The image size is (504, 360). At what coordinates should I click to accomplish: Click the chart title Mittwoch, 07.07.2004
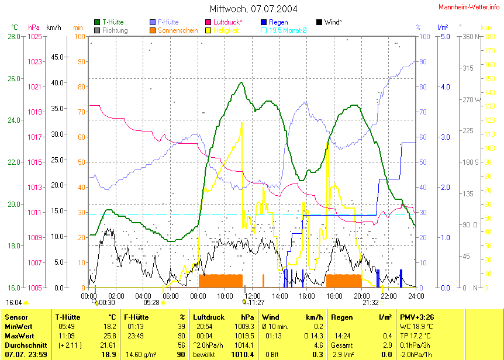click(x=253, y=9)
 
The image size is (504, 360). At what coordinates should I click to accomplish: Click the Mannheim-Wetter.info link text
click(x=470, y=6)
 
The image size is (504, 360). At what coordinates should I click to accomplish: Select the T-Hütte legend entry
click(x=112, y=22)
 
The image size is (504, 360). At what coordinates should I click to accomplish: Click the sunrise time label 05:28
click(x=151, y=303)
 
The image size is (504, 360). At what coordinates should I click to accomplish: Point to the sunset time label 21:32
click(x=371, y=303)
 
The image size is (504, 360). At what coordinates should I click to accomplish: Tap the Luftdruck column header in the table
click(x=208, y=316)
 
